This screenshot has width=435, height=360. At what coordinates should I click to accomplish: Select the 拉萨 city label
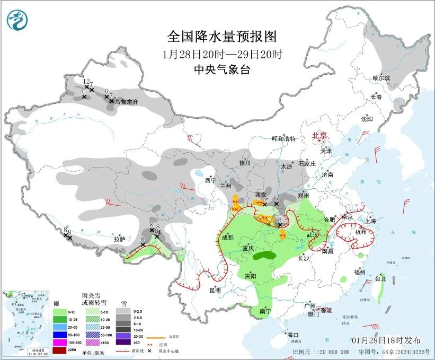point(119,239)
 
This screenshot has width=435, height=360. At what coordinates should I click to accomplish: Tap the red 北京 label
point(321,135)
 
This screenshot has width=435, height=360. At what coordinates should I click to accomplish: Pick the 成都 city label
point(227,238)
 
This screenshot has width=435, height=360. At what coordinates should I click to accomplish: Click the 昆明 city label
point(215,290)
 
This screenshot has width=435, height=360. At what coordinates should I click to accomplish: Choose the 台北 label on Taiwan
point(380,278)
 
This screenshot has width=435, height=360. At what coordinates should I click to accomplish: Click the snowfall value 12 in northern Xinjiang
point(86,81)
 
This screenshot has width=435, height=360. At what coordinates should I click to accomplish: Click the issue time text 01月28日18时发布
point(386,340)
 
